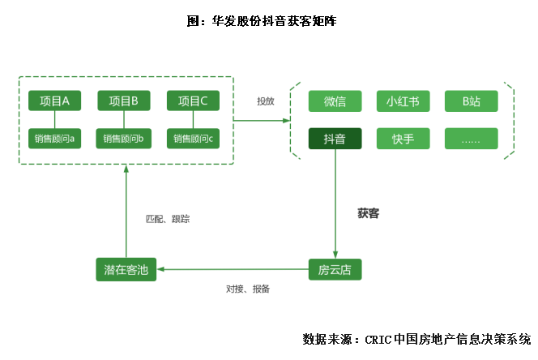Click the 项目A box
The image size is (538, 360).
(55, 101)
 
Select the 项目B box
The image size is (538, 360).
(124, 101)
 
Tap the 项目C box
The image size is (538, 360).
(193, 101)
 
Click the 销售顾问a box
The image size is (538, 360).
(55, 138)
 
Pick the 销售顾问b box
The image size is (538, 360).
(124, 138)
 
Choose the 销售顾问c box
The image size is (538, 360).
(193, 138)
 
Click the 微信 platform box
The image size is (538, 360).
(335, 101)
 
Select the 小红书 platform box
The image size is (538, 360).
(403, 101)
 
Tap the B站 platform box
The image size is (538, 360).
(471, 101)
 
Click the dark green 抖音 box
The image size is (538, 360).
(335, 139)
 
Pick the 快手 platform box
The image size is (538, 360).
(403, 139)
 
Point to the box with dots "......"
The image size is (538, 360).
(471, 139)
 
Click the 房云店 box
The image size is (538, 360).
(335, 269)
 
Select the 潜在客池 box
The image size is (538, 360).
(126, 269)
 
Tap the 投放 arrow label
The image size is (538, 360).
(266, 101)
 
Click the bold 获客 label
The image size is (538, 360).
(369, 214)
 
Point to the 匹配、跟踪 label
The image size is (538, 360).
(168, 219)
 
